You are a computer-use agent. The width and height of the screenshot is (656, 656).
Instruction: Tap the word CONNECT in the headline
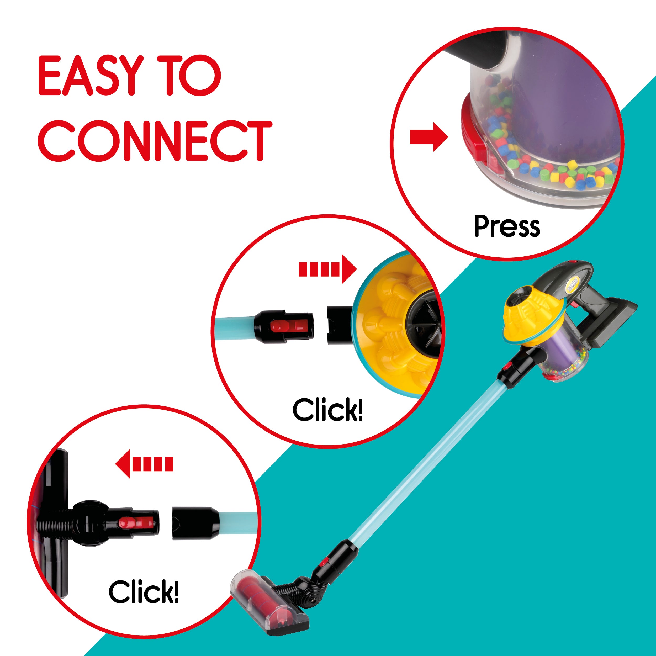(155, 141)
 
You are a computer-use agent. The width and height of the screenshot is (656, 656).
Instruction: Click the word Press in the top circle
(507, 226)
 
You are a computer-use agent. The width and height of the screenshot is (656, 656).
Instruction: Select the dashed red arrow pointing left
(144, 464)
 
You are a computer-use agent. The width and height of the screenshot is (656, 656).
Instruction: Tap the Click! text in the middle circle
(328, 410)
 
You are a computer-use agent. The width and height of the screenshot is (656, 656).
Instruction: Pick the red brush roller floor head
(270, 604)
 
